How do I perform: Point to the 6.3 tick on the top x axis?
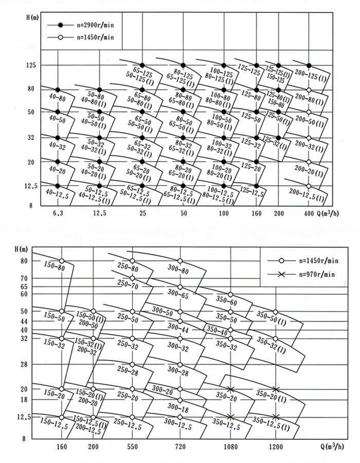(57, 212)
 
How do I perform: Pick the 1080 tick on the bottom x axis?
(230, 447)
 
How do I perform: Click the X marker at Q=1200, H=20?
(276, 389)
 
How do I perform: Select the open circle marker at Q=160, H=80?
(62, 261)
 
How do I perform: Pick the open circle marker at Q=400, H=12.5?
(309, 186)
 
